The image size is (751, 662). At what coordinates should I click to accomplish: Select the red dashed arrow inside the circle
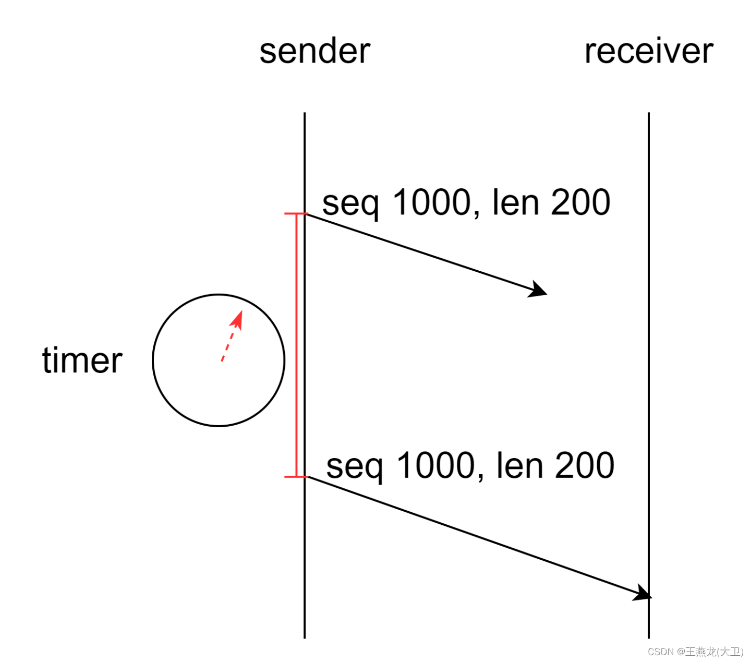tap(231, 336)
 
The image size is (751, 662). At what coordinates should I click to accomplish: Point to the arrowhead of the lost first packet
tap(539, 290)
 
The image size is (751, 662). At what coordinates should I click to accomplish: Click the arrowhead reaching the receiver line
tap(643, 594)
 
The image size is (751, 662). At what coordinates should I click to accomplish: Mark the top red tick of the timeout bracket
tap(296, 213)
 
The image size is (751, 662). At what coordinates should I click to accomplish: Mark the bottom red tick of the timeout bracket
tap(296, 476)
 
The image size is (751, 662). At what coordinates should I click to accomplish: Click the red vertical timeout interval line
tap(297, 344)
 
